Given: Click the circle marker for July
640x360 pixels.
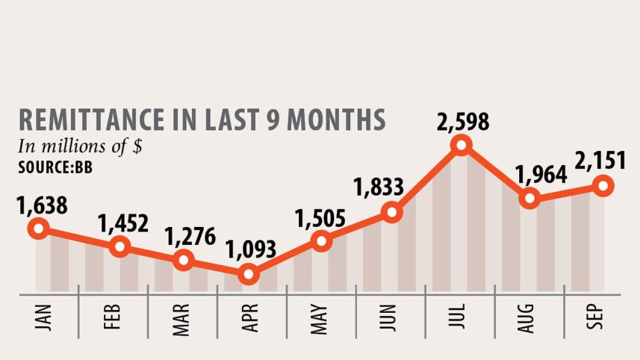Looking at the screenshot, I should point(461,145).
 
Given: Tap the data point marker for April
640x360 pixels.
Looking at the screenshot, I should point(249,275).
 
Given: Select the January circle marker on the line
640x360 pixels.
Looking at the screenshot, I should point(39,229).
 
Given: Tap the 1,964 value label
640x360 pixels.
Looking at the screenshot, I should point(541,173).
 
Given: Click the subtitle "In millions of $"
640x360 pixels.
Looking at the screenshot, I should point(80,146).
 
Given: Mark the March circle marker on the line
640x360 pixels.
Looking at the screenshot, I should point(183,261).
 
